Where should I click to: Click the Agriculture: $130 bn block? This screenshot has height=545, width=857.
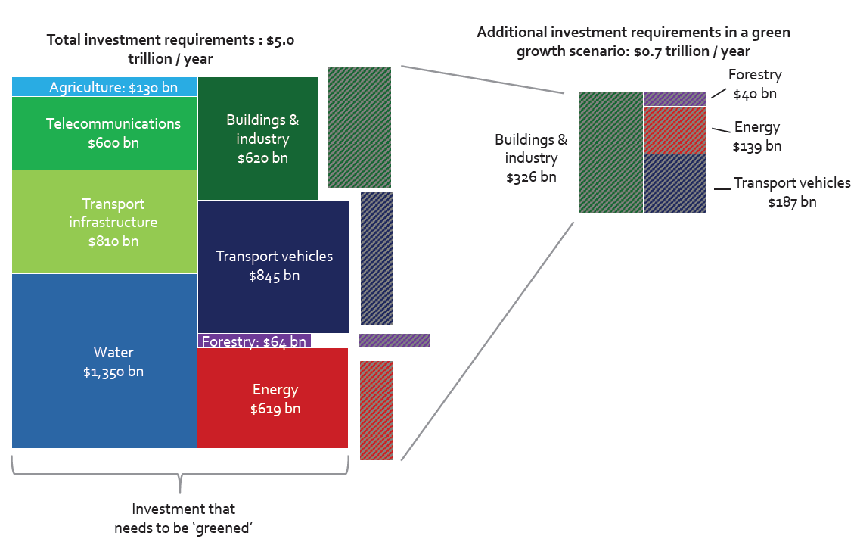104,86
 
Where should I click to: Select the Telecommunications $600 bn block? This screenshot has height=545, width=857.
104,133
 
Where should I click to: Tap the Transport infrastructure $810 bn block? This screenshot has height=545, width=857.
104,222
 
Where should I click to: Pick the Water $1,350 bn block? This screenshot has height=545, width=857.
104,361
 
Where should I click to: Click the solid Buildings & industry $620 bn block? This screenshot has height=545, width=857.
258,139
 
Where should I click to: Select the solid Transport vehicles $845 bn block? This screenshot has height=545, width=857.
273,266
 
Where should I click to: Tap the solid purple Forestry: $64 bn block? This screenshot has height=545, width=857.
253,341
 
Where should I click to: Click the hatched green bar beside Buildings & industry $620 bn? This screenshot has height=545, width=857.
359,127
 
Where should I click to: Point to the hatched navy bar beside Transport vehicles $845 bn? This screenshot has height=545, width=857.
377,258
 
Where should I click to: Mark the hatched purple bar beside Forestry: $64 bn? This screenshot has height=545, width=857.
394,341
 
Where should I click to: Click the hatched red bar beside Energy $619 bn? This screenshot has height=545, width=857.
376,410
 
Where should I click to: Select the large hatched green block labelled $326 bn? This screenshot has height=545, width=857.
611,153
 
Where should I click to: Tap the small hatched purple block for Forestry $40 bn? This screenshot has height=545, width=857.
675,99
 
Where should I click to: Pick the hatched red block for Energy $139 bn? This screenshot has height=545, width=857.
675,130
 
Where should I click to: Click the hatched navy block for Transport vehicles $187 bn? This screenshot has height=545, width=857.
675,184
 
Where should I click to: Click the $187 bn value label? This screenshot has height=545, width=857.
792,202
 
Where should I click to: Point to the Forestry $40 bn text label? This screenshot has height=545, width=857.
754,84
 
